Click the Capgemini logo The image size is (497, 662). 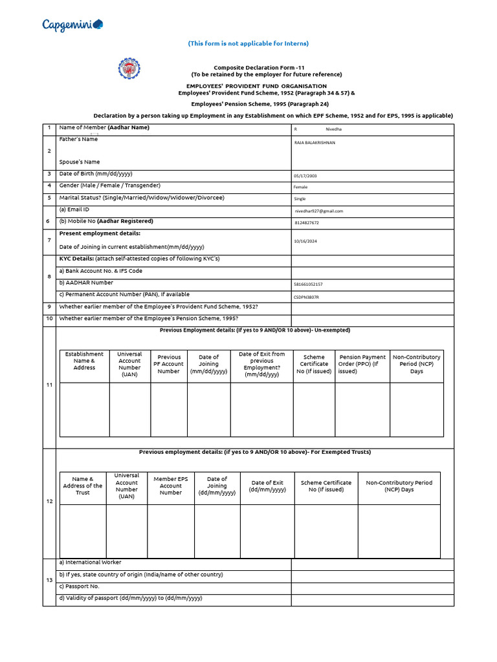click(x=72, y=25)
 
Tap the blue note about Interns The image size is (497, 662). click(x=248, y=43)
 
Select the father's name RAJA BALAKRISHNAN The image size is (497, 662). click(x=315, y=142)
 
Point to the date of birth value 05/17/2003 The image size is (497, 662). click(x=305, y=175)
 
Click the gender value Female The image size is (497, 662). click(x=301, y=187)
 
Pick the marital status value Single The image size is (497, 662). click(x=300, y=198)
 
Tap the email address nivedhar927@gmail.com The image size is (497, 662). click(x=319, y=211)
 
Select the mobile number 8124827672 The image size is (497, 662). click(x=307, y=222)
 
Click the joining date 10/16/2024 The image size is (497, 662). click(x=305, y=241)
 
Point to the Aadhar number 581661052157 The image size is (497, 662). click(x=308, y=284)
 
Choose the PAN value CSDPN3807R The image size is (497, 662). click(x=306, y=297)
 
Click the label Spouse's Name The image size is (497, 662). click(x=80, y=162)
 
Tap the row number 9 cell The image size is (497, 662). click(x=49, y=307)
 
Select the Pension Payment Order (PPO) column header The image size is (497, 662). click(x=362, y=364)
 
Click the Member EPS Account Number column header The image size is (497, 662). click(x=171, y=486)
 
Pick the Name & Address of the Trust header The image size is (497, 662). click(x=83, y=486)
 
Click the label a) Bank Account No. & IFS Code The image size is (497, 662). click(x=100, y=271)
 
